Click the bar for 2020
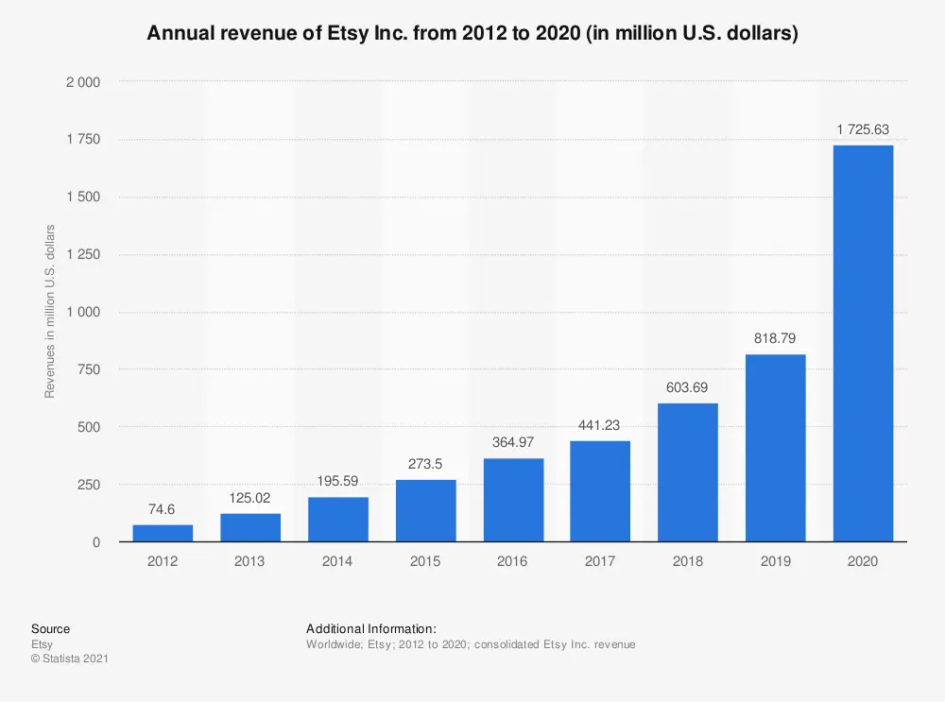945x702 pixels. [x=863, y=344]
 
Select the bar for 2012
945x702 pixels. [x=163, y=533]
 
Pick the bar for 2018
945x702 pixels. [x=688, y=472]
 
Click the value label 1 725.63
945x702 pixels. [x=863, y=129]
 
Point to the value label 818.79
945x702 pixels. [x=775, y=338]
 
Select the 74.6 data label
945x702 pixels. [x=163, y=509]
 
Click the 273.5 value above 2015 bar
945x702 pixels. [x=425, y=464]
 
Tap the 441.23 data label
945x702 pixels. [x=600, y=425]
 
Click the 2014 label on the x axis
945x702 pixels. [x=337, y=561]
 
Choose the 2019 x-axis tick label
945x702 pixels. [x=775, y=561]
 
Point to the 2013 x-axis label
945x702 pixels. [x=250, y=561]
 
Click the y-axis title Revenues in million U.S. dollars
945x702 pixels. [x=50, y=312]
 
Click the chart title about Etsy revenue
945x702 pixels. [x=472, y=35]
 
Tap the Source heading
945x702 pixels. [x=50, y=629]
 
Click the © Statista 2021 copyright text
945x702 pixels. [x=69, y=659]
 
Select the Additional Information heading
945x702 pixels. [x=370, y=629]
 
